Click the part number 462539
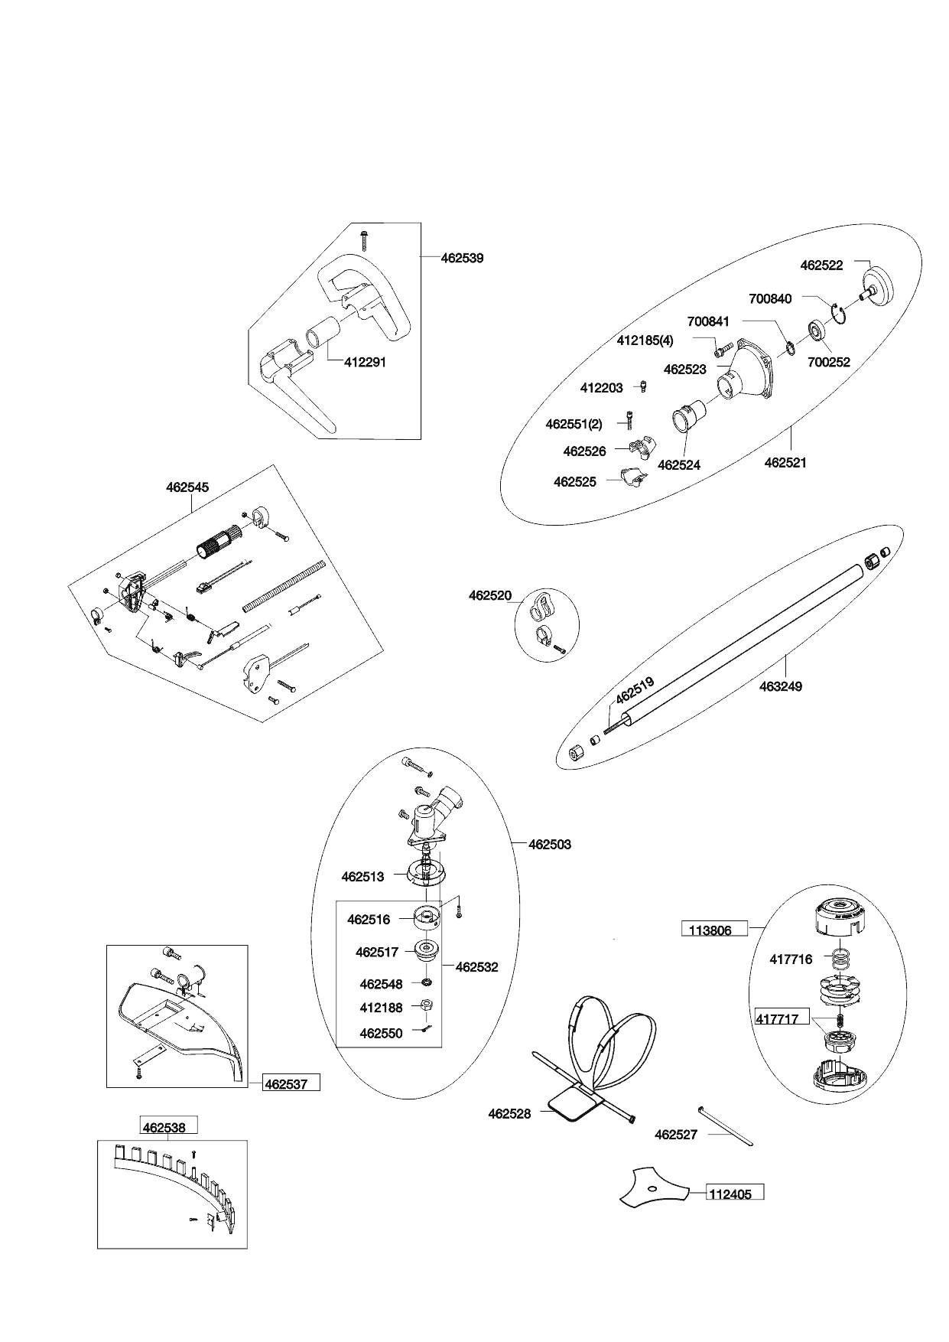coord(462,259)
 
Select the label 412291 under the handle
coord(365,363)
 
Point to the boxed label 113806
coord(711,930)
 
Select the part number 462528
coord(509,1114)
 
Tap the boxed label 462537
coord(291,1083)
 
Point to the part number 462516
coord(369,920)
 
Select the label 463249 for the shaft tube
coord(781,687)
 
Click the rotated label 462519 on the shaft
coord(635,691)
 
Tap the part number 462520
coord(490,595)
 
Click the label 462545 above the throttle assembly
coord(187,487)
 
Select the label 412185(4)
coord(645,340)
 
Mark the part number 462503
coord(550,845)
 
